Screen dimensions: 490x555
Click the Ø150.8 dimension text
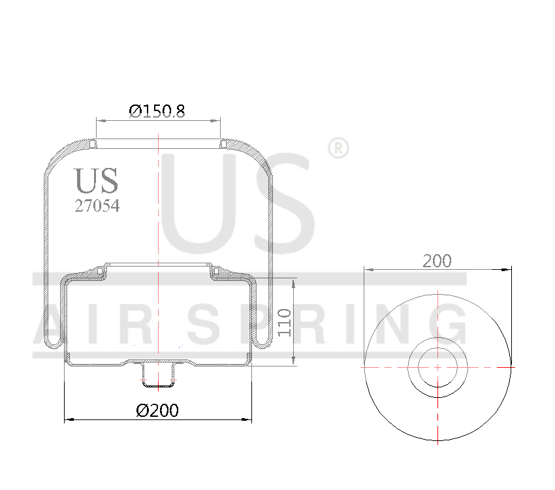click(x=157, y=111)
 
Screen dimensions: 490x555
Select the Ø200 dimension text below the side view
click(x=157, y=411)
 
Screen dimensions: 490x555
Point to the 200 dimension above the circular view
click(x=437, y=261)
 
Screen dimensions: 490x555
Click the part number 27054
click(x=97, y=206)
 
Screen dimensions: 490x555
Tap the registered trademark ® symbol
click(x=337, y=148)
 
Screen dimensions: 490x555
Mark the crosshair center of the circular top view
click(x=437, y=367)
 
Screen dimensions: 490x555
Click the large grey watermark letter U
click(x=196, y=203)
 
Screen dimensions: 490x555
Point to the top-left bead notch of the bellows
click(x=94, y=143)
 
